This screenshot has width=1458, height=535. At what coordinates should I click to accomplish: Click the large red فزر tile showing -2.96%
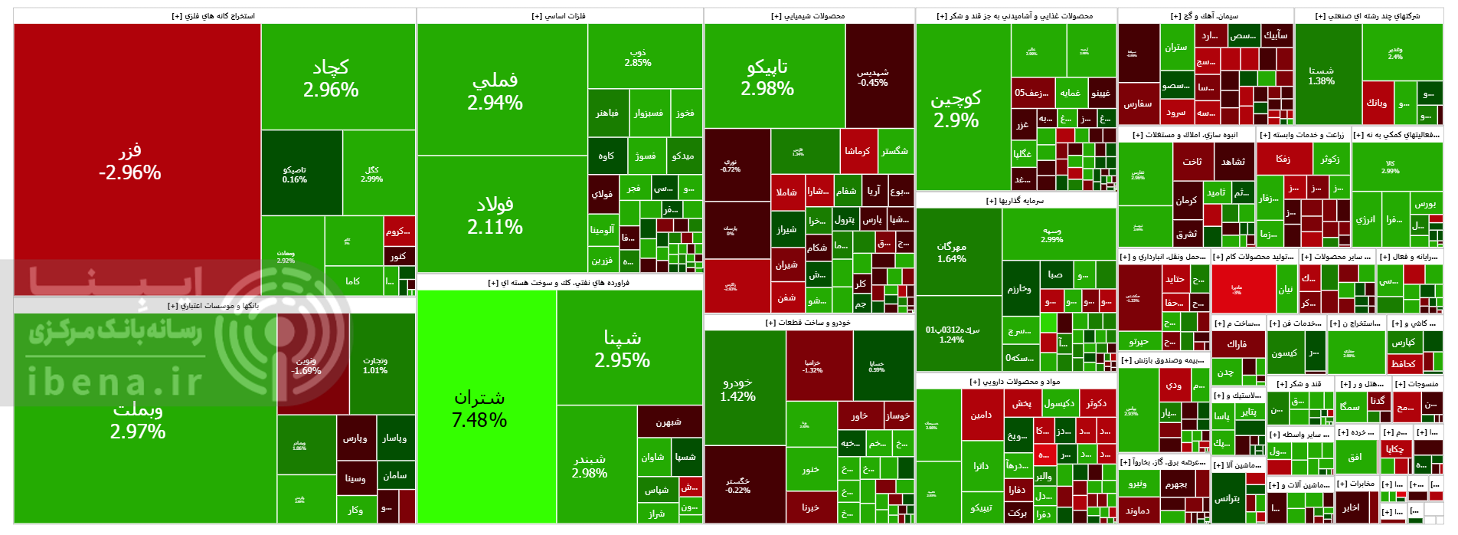(x=130, y=161)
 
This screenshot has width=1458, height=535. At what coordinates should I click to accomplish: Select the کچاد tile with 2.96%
(x=331, y=78)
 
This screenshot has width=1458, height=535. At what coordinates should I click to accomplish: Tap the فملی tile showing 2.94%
(x=495, y=90)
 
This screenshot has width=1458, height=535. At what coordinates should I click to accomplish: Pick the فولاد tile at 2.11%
(x=495, y=215)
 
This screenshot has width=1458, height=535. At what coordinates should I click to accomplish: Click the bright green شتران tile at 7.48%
(x=479, y=408)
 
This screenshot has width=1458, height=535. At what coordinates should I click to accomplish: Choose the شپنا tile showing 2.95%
(x=622, y=349)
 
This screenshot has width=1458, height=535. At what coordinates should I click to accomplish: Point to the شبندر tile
(x=590, y=466)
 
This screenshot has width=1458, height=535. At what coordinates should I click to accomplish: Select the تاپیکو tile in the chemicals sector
(x=767, y=77)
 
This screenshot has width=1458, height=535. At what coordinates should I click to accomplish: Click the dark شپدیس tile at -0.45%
(x=873, y=77)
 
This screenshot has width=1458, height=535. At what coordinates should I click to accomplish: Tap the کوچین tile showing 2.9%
(x=956, y=109)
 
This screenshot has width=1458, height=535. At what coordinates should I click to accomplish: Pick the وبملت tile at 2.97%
(x=138, y=420)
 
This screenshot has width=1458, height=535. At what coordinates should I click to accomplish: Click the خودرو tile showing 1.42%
(x=737, y=389)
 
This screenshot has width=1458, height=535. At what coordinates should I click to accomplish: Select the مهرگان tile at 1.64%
(x=952, y=252)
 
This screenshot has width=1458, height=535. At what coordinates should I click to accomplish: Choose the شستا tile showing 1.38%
(x=1322, y=75)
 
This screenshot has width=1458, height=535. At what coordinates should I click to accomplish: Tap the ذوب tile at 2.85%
(x=638, y=57)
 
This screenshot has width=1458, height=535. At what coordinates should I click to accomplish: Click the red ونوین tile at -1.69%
(x=306, y=366)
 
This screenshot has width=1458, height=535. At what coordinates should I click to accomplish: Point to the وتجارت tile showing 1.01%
(x=375, y=366)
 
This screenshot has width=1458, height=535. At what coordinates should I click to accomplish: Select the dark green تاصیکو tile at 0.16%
(x=295, y=175)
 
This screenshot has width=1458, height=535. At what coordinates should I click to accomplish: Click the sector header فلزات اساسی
(x=559, y=16)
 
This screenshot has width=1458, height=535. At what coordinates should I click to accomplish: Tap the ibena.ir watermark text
(x=115, y=382)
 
